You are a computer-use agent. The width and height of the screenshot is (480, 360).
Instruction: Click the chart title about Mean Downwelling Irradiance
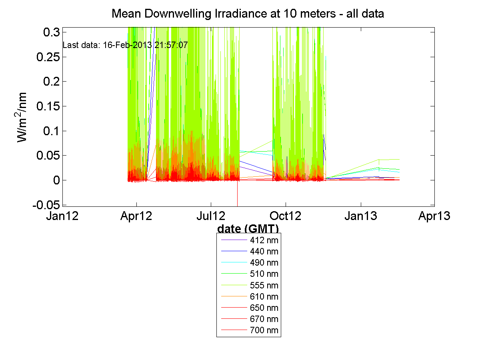(248, 14)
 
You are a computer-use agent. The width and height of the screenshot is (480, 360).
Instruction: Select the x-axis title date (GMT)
(248, 229)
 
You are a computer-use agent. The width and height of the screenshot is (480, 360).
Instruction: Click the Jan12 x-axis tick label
(62, 216)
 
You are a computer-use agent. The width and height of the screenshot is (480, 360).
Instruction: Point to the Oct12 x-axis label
(286, 216)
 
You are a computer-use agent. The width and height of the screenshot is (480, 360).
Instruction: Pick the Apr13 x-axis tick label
(434, 216)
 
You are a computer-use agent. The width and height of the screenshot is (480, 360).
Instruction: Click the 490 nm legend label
(264, 263)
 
